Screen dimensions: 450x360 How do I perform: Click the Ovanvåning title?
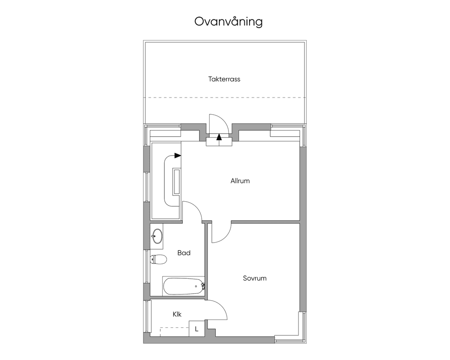(229, 22)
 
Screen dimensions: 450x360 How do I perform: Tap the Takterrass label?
(224, 79)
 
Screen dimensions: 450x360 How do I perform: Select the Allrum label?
(240, 181)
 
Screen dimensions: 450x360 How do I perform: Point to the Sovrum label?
(254, 278)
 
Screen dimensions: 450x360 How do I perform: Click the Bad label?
(184, 253)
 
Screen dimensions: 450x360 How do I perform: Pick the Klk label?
(177, 314)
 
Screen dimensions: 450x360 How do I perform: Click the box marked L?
(196, 329)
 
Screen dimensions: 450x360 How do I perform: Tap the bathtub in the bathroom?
(184, 286)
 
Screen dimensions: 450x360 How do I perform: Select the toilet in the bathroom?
(158, 259)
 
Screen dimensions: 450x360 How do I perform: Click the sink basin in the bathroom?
(157, 236)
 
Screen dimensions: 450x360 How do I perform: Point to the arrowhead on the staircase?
(178, 156)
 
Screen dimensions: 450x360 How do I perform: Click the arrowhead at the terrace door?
(219, 137)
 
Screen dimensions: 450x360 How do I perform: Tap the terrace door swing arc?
(222, 119)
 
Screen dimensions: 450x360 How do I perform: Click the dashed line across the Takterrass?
(225, 98)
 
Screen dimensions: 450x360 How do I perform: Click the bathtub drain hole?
(196, 286)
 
